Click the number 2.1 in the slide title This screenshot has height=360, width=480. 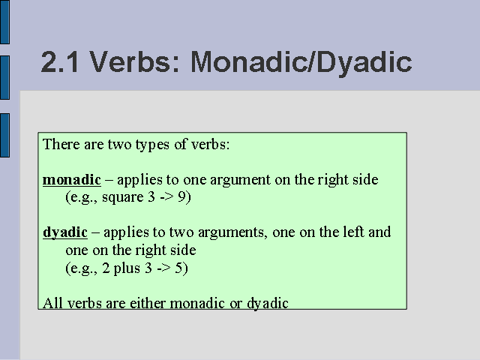click(x=60, y=62)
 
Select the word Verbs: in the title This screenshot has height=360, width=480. click(x=134, y=61)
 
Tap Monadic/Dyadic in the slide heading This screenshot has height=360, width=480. click(x=301, y=63)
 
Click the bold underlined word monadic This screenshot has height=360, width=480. click(x=72, y=180)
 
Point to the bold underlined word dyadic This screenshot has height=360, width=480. click(x=65, y=232)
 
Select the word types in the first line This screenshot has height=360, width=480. click(x=152, y=145)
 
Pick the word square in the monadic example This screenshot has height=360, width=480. click(x=123, y=198)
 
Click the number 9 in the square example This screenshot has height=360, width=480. click(x=181, y=196)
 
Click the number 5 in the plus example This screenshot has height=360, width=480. click(x=178, y=268)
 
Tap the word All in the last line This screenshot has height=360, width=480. click(x=52, y=303)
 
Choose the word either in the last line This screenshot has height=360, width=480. click(x=148, y=303)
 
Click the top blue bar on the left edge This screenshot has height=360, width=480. click(x=5, y=22)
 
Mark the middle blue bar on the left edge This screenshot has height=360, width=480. click(x=5, y=77)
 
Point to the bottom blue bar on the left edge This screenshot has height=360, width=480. click(x=5, y=135)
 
